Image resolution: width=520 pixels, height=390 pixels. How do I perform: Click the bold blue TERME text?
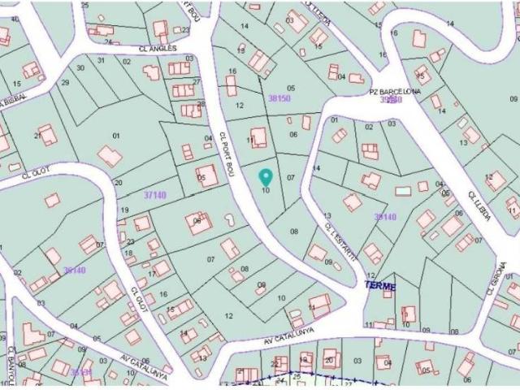[379, 287]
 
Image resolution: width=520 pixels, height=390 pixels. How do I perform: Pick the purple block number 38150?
[279, 98]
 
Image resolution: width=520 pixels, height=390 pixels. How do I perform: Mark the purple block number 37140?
[154, 195]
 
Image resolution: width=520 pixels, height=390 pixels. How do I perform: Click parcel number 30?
[80, 67]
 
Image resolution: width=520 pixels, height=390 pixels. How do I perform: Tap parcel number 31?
[102, 60]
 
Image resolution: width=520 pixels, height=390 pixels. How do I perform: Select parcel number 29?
[65, 83]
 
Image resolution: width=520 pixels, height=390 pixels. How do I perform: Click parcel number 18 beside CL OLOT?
[128, 253]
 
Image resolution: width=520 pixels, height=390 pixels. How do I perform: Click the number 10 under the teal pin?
[266, 190]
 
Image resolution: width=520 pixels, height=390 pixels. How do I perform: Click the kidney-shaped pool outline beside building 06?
[228, 220]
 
